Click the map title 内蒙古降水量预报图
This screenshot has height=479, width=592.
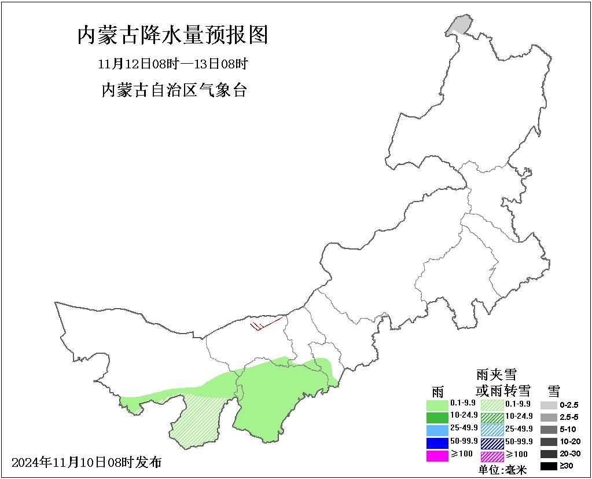click(172, 36)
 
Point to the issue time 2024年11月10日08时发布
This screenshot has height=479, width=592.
click(86, 462)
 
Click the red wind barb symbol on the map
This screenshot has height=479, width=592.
click(265, 325)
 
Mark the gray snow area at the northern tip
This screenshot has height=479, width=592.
click(459, 25)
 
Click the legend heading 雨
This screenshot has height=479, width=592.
click(437, 390)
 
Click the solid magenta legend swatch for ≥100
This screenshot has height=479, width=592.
click(437, 456)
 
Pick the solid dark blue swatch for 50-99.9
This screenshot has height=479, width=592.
click(437, 443)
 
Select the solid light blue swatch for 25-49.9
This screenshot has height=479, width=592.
click(437, 430)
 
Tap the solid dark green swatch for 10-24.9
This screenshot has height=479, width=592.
click(437, 417)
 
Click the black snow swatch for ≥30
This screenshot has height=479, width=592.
click(549, 466)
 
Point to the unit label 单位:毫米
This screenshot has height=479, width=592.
click(502, 470)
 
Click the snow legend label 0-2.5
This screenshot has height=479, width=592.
click(569, 405)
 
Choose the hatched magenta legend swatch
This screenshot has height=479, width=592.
click(492, 456)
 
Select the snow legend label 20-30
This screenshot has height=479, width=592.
click(569, 454)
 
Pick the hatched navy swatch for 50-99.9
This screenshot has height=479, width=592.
click(492, 443)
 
